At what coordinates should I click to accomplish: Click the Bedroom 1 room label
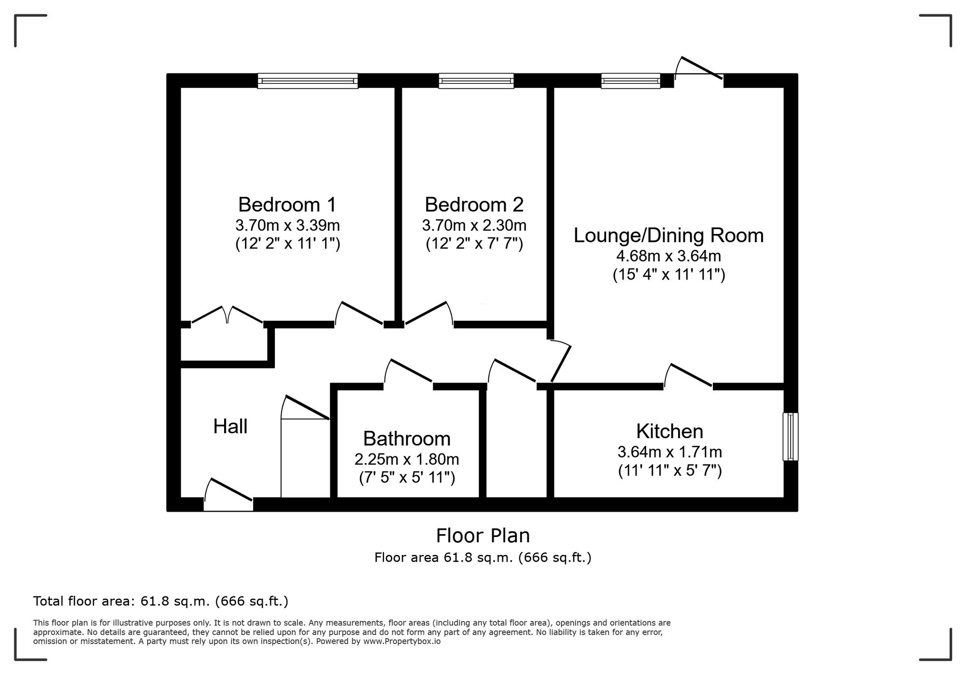pos(287,205)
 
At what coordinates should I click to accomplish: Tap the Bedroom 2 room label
pos(474,205)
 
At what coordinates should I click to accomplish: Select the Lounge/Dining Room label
pos(668,235)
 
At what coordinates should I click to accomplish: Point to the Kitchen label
pos(669,431)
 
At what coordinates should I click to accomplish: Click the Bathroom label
pos(407,439)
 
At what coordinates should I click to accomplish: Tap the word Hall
pos(230,427)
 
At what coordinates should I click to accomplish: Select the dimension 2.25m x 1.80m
pos(407,459)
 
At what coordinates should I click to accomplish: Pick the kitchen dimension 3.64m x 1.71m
pos(669,452)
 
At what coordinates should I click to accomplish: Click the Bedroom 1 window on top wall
pos(308,81)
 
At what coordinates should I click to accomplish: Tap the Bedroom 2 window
pos(476,81)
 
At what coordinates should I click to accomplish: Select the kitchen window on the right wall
pos(790,436)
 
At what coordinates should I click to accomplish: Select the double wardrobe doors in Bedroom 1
pos(227,317)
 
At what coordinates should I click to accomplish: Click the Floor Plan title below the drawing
pos(483,536)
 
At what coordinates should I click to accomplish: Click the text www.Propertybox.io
pos(401,642)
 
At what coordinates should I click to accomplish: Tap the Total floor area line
pos(160,601)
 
